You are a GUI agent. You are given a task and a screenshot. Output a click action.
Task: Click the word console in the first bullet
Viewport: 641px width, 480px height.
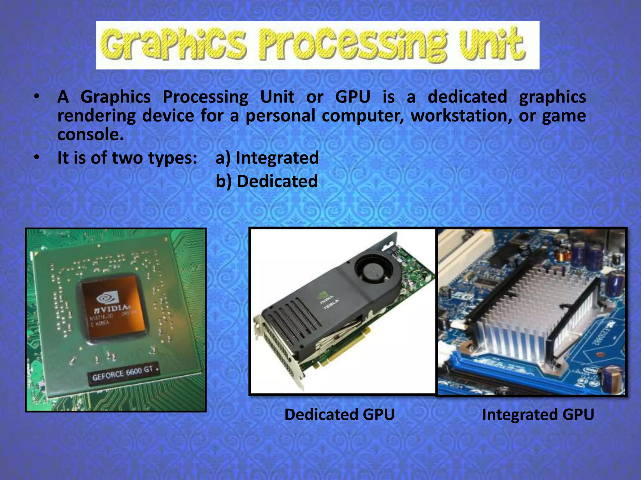point(90,135)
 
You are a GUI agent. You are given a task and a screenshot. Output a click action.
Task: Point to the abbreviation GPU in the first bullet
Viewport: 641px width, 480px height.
point(353,97)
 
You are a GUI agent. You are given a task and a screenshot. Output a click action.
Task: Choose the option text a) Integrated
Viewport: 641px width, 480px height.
point(267,157)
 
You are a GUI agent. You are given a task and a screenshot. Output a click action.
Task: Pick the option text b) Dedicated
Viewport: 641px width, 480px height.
point(267,181)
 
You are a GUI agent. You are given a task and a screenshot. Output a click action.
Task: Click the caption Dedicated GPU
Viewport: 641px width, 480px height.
point(339,415)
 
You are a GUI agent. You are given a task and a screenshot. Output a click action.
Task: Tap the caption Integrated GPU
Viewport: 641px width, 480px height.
point(538,415)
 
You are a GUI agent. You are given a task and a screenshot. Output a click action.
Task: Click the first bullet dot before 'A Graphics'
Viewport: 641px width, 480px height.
point(37,97)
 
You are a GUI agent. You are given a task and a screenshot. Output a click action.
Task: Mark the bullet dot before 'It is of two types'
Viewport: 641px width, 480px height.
point(37,157)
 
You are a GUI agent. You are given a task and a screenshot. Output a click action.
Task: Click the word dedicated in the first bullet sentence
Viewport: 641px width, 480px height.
point(467,97)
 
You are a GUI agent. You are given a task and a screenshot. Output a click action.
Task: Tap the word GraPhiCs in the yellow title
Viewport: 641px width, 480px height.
point(174,45)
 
